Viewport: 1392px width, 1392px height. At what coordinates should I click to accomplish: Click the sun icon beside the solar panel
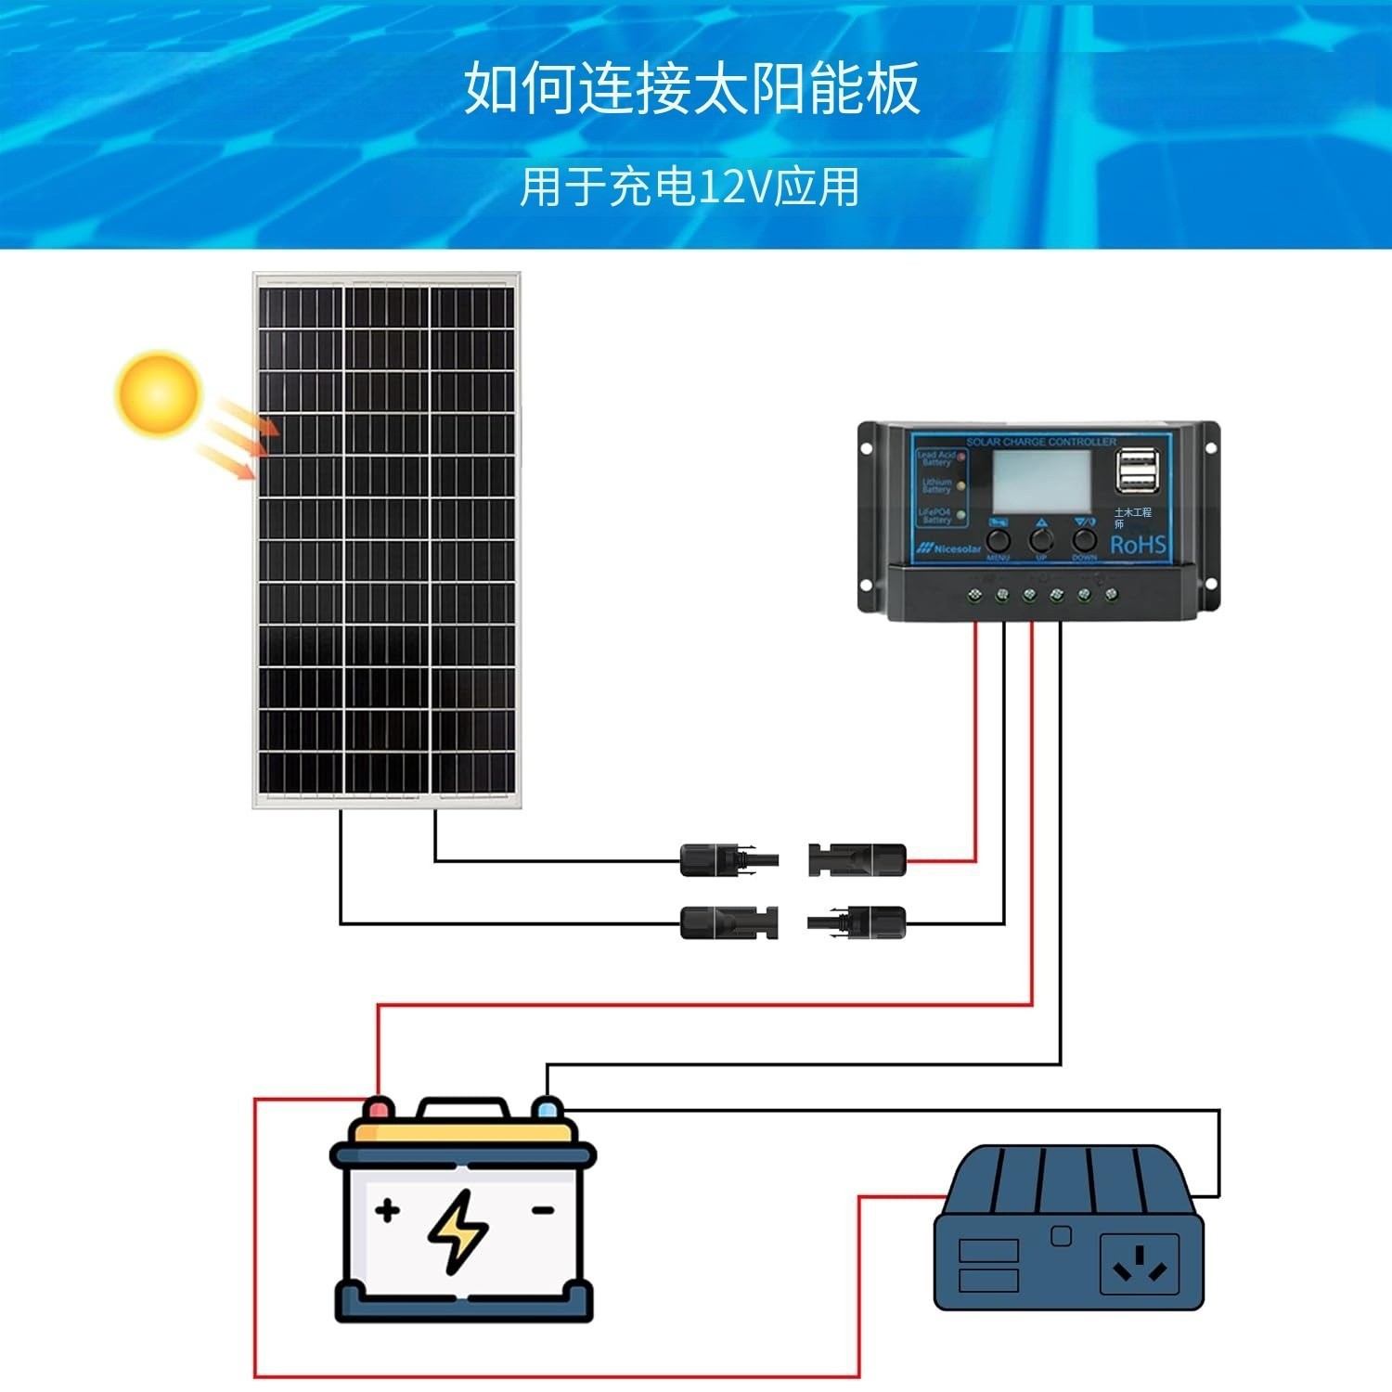point(158,393)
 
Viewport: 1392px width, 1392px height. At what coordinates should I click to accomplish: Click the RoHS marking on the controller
point(1138,545)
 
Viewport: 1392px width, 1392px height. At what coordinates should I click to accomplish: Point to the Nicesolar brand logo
point(949,548)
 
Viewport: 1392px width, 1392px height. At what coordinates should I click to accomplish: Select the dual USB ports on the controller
point(1138,470)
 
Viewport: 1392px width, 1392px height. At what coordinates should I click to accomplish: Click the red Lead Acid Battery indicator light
point(961,457)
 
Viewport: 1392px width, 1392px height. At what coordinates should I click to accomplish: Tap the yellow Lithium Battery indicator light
point(961,485)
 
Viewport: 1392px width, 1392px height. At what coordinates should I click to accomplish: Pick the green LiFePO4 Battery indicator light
point(961,514)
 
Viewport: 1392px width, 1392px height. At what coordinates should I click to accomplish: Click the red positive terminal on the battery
point(378,1108)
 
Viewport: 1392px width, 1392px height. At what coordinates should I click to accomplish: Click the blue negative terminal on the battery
point(548,1108)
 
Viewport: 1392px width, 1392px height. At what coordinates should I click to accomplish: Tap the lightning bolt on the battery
point(458,1231)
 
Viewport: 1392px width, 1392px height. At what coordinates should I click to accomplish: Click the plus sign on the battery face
point(388,1209)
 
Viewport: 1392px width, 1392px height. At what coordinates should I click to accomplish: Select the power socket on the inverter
point(1139,1263)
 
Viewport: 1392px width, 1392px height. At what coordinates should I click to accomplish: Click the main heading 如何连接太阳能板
point(691,89)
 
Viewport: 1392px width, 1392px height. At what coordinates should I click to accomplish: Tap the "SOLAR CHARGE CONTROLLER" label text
point(1041,442)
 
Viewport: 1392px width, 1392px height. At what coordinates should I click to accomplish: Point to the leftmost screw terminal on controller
point(975,594)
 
